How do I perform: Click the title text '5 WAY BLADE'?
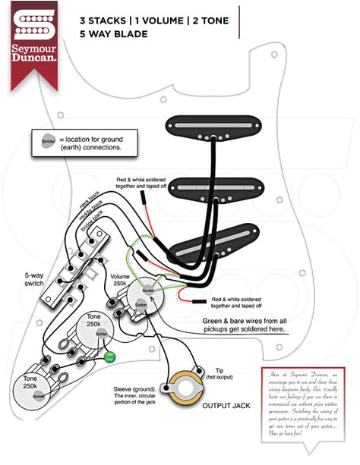[x=113, y=34]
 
